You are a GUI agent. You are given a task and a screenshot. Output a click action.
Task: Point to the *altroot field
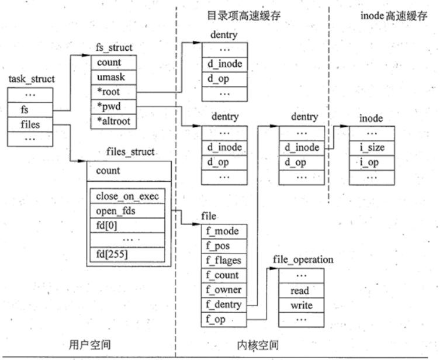tap(114, 122)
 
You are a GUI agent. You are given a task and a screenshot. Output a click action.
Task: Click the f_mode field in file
tap(224, 231)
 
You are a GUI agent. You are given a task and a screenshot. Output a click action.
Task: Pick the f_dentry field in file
tap(224, 304)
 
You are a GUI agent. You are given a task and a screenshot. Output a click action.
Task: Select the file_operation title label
tap(303, 259)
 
